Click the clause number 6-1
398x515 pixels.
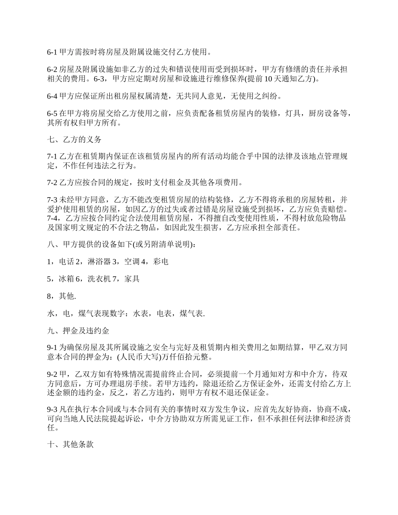[x=52, y=52]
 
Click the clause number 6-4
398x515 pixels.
[x=52, y=96]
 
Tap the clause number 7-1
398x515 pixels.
[x=52, y=157]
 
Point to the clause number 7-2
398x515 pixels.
[x=52, y=183]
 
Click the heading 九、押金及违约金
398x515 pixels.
[x=78, y=331]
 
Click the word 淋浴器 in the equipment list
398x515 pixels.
[x=99, y=262]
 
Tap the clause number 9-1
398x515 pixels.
[x=52, y=347]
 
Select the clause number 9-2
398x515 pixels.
[x=52, y=373]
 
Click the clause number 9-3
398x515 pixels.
[x=52, y=409]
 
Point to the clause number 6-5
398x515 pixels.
[x=52, y=113]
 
